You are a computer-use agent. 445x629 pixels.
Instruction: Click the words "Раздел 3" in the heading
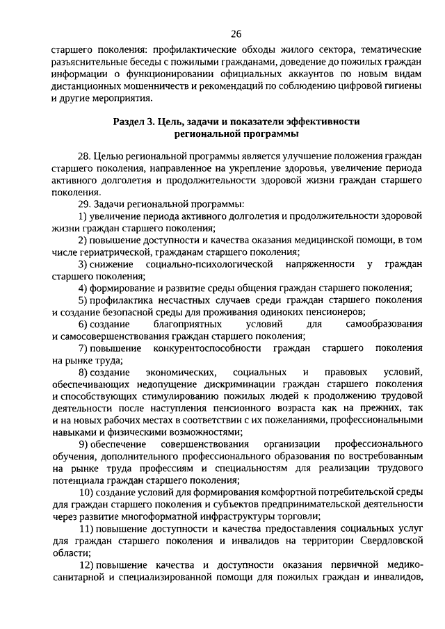(x=132, y=122)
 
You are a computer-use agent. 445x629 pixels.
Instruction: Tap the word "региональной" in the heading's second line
(x=204, y=134)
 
